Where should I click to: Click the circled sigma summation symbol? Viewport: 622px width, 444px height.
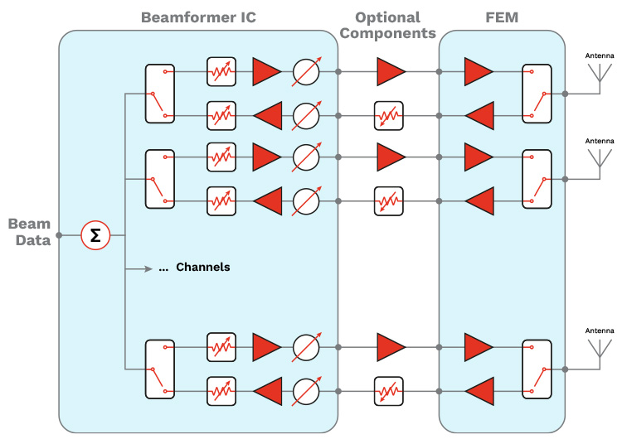[x=95, y=235]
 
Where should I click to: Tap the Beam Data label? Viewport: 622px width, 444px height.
[x=30, y=232]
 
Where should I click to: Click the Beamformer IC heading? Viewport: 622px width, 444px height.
[x=197, y=17]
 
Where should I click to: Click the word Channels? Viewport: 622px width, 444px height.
[x=203, y=268]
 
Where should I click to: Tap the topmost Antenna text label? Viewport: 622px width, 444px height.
[x=600, y=55]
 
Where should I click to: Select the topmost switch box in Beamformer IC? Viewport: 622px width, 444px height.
[x=160, y=94]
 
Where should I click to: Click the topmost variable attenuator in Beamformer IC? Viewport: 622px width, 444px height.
[x=221, y=72]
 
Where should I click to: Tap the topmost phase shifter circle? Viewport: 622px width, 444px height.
[x=307, y=72]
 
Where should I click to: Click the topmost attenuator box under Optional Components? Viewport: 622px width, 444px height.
[x=388, y=115]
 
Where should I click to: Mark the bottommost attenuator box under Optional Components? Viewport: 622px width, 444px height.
[x=388, y=391]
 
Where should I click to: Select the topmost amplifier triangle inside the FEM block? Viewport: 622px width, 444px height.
[x=479, y=72]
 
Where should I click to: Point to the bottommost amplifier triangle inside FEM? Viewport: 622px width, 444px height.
[x=479, y=391]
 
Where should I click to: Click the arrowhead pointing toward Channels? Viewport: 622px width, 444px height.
[x=150, y=268]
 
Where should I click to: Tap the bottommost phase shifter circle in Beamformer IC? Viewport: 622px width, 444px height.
[x=307, y=391]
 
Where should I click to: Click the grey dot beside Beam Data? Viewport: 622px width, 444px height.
[x=59, y=235]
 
